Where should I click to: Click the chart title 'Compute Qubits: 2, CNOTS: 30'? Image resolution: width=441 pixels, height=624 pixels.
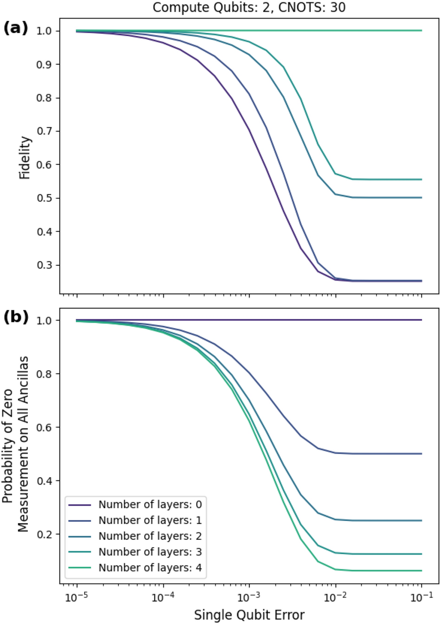tap(249, 7)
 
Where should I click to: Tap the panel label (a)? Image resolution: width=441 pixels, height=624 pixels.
tap(16, 28)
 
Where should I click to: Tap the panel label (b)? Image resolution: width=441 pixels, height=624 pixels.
tap(16, 317)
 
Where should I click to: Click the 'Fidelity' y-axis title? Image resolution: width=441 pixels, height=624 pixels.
tap(25, 158)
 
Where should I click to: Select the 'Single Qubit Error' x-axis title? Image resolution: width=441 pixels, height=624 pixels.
tap(249, 614)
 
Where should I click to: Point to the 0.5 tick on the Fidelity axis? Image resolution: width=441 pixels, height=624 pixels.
tap(45, 198)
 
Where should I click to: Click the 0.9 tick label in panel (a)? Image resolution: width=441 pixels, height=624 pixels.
tap(45, 64)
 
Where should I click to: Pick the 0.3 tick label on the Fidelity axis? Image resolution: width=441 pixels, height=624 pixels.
tap(45, 265)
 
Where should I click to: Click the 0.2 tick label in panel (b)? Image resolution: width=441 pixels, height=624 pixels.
tap(45, 534)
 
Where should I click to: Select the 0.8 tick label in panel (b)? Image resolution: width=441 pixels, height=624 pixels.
tap(45, 374)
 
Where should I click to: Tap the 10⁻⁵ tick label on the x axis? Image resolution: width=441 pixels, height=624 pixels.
tap(77, 597)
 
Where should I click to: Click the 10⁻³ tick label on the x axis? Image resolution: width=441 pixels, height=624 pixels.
tap(249, 597)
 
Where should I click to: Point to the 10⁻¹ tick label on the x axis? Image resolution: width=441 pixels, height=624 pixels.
tap(422, 597)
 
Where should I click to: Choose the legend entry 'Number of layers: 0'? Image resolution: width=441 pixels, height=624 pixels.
tap(150, 505)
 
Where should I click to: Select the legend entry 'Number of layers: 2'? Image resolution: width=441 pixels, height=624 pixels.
tap(150, 536)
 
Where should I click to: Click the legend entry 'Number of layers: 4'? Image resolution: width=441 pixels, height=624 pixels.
tap(150, 568)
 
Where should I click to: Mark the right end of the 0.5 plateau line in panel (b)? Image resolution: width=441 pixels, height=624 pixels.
tap(421, 453)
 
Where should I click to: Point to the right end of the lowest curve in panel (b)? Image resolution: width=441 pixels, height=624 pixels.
tap(421, 571)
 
